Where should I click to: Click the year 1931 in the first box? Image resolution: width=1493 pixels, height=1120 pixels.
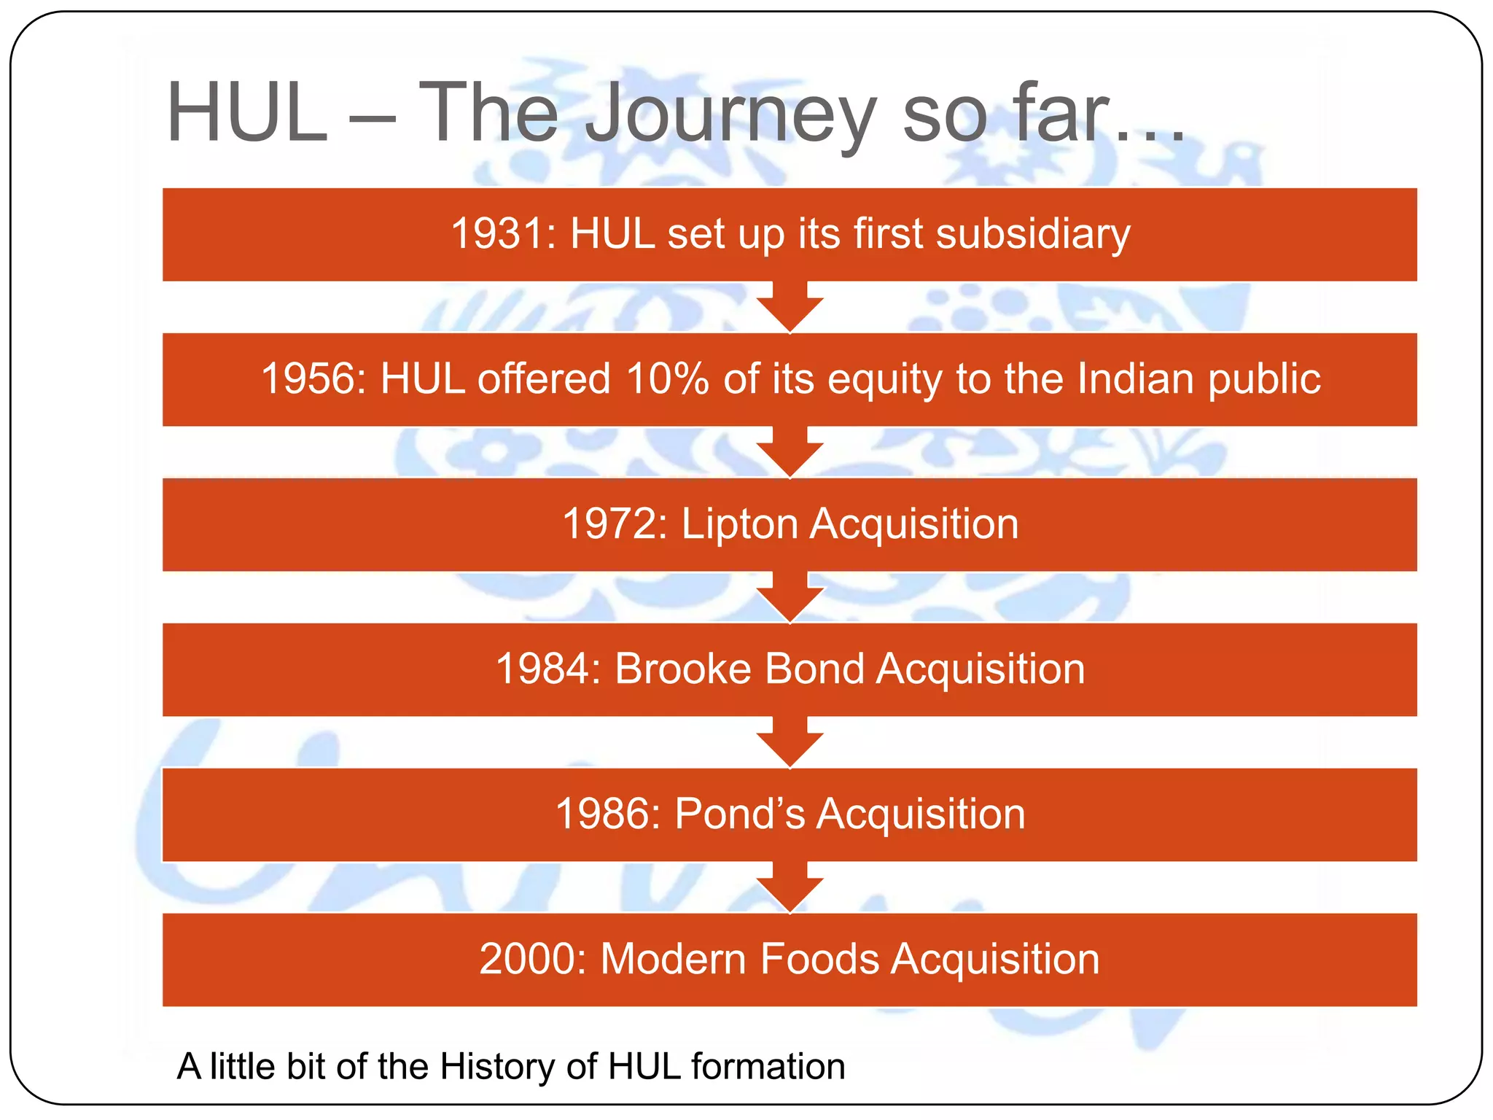502,235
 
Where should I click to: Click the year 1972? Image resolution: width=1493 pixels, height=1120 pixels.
612,524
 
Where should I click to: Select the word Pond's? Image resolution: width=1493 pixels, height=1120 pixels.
739,814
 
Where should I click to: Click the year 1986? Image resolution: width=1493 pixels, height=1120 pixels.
607,814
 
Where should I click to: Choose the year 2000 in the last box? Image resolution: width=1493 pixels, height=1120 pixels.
532,960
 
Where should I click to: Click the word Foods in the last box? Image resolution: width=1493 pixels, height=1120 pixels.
819,960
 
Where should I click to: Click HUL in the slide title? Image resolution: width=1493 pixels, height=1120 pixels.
247,113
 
